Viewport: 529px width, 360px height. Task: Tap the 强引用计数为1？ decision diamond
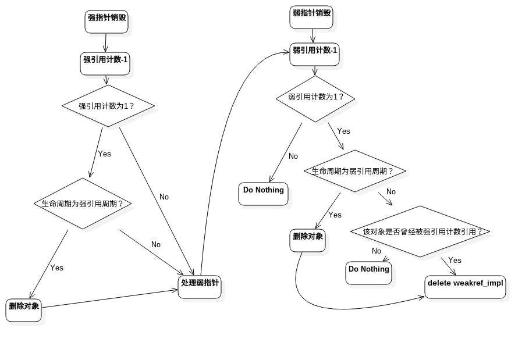click(x=108, y=106)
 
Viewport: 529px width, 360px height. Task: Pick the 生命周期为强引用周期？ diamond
click(x=83, y=204)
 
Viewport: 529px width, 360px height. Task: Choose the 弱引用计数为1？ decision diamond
click(x=315, y=97)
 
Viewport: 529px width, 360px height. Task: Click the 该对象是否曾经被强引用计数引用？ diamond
click(x=421, y=231)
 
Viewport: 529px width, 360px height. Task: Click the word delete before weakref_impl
click(x=439, y=283)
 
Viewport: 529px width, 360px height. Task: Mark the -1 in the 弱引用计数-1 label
click(x=332, y=51)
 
